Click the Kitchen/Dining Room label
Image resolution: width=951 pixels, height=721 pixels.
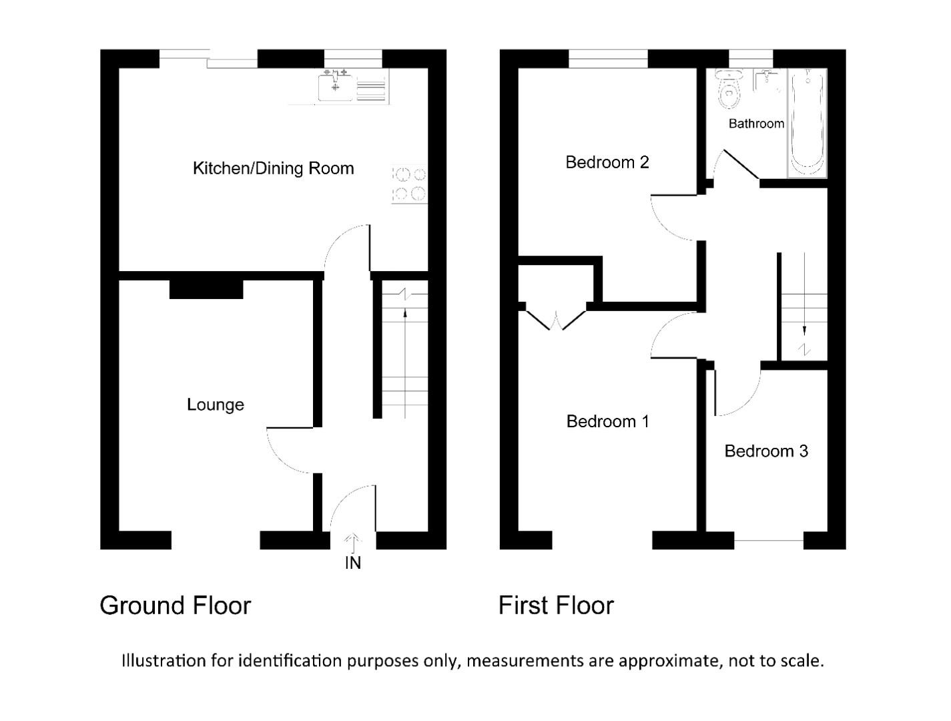tap(273, 168)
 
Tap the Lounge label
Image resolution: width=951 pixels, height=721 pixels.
tap(215, 405)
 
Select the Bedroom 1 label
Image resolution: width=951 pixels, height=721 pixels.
tap(607, 421)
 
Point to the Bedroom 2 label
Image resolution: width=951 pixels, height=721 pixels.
tap(607, 162)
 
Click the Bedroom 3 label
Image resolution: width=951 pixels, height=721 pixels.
tap(766, 451)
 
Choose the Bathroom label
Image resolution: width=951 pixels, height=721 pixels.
tap(755, 124)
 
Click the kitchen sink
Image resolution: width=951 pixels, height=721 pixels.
tap(335, 87)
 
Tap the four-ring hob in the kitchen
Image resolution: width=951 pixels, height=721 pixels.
tap(409, 184)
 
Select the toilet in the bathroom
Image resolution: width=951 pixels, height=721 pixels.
tap(729, 91)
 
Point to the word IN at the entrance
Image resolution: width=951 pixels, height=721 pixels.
tap(352, 563)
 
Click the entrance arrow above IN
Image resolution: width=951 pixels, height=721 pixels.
tap(352, 541)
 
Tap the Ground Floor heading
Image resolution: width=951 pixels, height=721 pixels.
tap(175, 606)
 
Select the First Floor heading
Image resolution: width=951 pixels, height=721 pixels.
tap(555, 606)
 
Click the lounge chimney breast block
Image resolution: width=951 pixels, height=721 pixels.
tap(206, 289)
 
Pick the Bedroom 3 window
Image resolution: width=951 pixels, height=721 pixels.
tap(768, 540)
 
